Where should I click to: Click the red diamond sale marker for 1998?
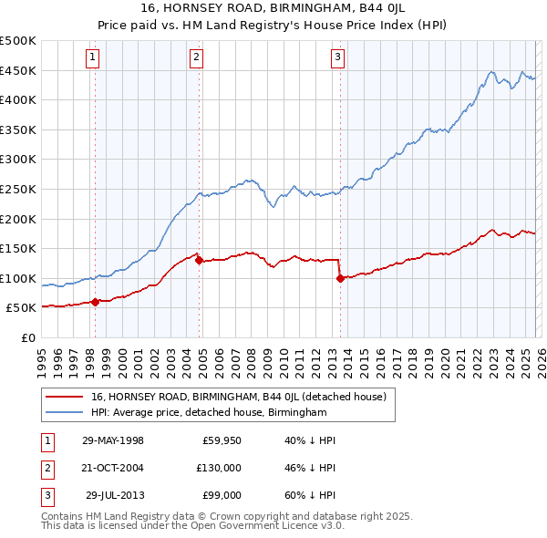coord(95,302)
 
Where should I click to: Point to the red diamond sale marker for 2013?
coord(340,278)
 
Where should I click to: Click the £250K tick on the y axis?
coord(18,189)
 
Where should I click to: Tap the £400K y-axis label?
coord(18,99)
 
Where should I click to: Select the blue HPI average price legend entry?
coord(209,413)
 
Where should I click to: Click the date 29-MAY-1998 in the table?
coord(113,440)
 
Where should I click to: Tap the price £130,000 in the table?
coord(218,467)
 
